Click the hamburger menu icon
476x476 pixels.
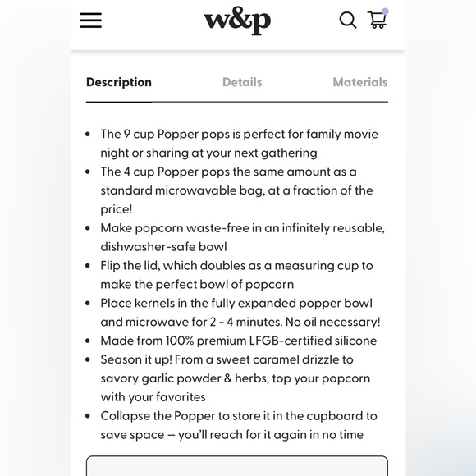tap(91, 21)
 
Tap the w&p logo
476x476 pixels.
tap(237, 20)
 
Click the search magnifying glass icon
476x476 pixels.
tap(348, 20)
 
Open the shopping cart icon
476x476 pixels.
tap(377, 20)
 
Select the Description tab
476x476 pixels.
tap(119, 82)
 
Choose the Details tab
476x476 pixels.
tap(242, 82)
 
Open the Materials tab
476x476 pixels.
tap(359, 82)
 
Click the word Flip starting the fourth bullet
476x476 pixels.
tap(113, 265)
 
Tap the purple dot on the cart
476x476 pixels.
tap(385, 11)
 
